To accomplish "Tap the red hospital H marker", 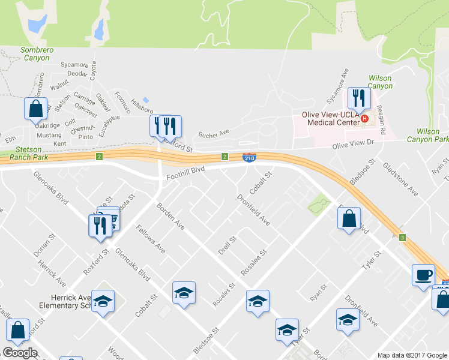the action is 364,118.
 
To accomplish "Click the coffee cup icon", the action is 423,275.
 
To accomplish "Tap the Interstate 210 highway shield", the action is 250,157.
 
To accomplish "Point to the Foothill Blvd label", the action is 185,170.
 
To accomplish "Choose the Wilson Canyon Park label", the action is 431,135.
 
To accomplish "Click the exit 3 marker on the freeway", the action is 402,238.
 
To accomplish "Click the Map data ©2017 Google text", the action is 412,355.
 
